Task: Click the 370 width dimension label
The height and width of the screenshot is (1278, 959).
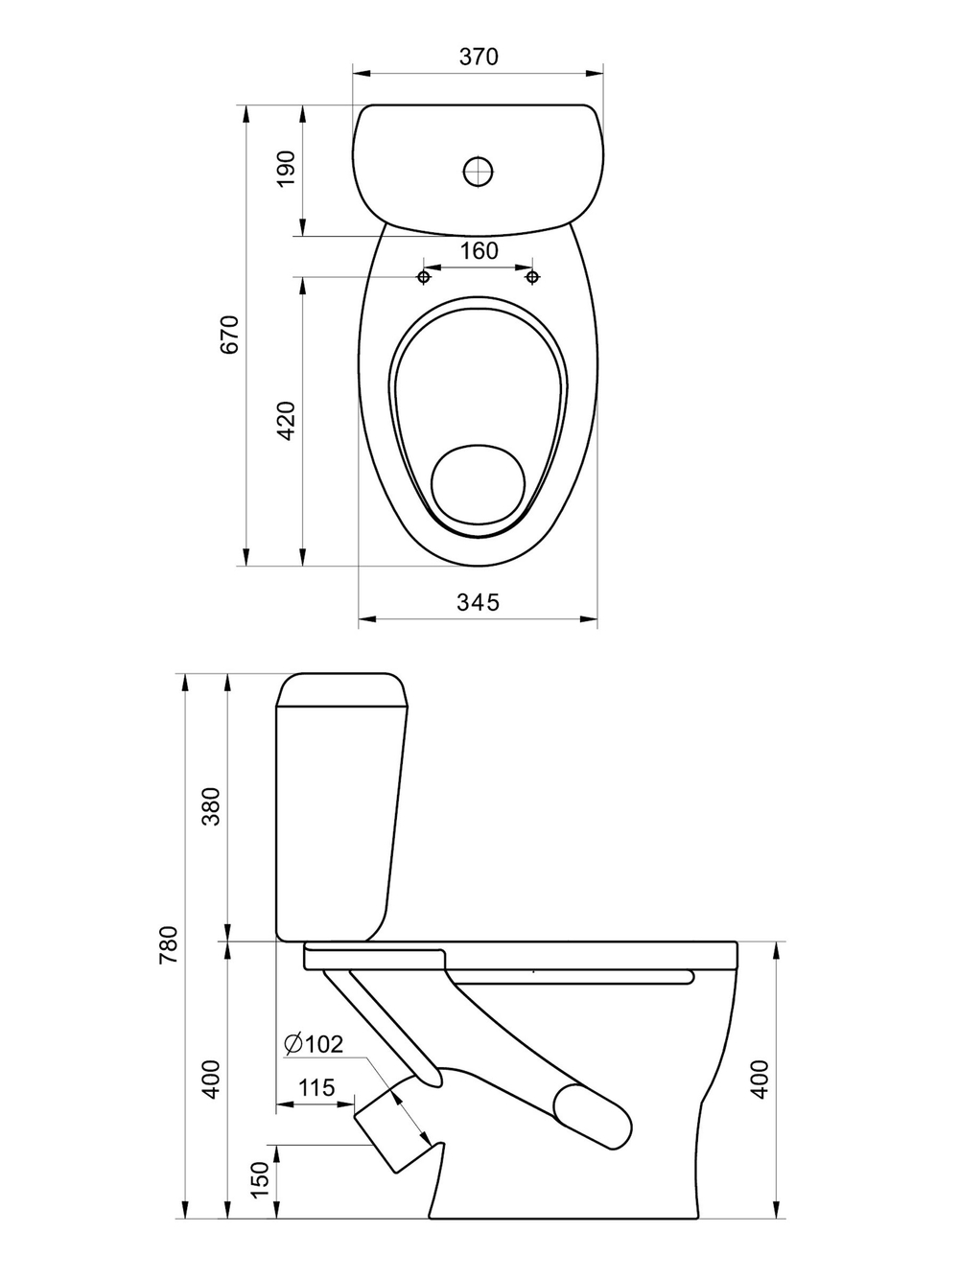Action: coord(479,57)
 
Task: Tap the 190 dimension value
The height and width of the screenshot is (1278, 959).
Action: coord(287,169)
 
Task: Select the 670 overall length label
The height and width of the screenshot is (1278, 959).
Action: coord(229,335)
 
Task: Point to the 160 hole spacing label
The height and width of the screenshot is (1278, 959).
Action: coord(479,251)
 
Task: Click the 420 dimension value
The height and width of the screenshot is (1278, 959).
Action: coord(287,420)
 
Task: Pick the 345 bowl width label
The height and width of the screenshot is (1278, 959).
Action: coord(478,602)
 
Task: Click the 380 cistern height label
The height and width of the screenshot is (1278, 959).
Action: coord(211,805)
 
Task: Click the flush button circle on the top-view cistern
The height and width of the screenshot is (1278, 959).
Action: coord(479,172)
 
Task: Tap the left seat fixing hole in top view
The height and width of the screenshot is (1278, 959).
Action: coord(425,277)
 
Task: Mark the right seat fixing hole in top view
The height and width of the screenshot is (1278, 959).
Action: coord(532,277)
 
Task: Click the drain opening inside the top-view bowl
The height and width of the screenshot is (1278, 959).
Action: coord(478,483)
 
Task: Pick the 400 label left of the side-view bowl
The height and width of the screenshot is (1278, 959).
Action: coord(211,1079)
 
